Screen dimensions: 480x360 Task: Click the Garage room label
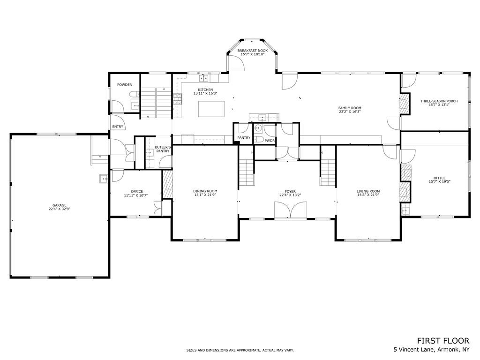point(60,205)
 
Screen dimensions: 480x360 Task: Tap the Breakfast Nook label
point(253,51)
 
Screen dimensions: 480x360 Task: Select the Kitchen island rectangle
point(211,109)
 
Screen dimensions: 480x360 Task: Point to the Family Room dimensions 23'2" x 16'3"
point(350,112)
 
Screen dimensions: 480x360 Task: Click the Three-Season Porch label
point(439,101)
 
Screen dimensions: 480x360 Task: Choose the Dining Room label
point(205,191)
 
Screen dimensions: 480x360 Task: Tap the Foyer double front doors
point(291,210)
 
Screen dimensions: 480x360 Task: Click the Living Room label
point(368,191)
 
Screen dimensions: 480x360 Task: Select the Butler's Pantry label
point(163,149)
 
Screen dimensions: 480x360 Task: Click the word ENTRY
point(118,127)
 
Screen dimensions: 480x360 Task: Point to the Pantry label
point(244,138)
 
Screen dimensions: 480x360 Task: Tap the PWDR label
point(270,141)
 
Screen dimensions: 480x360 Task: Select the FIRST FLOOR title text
point(443,341)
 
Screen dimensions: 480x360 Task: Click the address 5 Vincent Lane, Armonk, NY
point(431,349)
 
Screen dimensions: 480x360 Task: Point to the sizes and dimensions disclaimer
point(240,350)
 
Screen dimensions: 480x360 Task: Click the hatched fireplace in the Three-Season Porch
point(405,104)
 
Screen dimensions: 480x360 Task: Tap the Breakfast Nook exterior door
point(235,63)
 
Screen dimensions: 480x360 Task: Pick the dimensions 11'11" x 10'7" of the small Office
point(136,195)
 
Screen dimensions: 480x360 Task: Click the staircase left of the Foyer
point(247,172)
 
